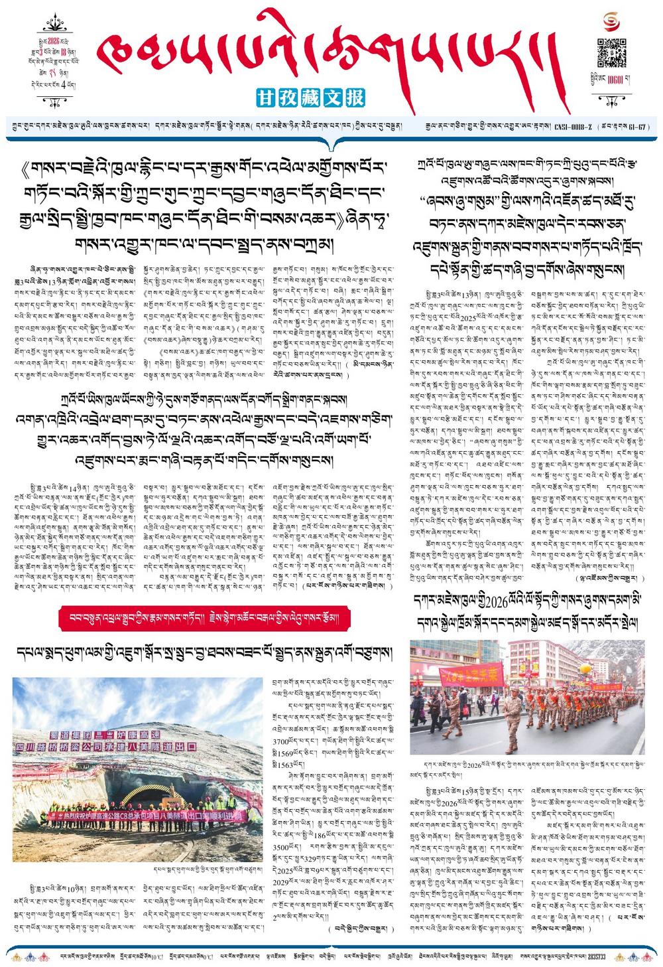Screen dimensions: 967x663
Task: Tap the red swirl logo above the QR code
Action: coord(612,23)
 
